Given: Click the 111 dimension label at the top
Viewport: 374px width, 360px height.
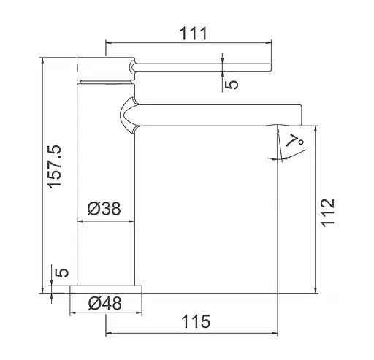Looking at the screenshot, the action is pyautogui.click(x=194, y=34).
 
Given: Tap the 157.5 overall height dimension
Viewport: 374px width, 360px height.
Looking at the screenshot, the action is pyautogui.click(x=55, y=166).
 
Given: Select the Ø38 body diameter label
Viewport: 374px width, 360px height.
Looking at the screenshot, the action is pyautogui.click(x=104, y=209).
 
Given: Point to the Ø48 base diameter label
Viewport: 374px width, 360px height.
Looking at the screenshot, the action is pyautogui.click(x=105, y=303).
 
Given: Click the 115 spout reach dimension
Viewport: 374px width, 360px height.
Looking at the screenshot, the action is pyautogui.click(x=196, y=321).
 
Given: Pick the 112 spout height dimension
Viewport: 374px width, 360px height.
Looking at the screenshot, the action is pyautogui.click(x=328, y=213).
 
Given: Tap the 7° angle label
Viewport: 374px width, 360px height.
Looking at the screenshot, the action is pyautogui.click(x=295, y=141).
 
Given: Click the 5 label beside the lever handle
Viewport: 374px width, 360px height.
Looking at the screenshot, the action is pyautogui.click(x=232, y=85).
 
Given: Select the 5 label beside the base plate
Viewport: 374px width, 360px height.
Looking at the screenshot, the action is pyautogui.click(x=61, y=272).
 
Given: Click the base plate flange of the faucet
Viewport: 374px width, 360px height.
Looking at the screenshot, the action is pyautogui.click(x=106, y=289).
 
